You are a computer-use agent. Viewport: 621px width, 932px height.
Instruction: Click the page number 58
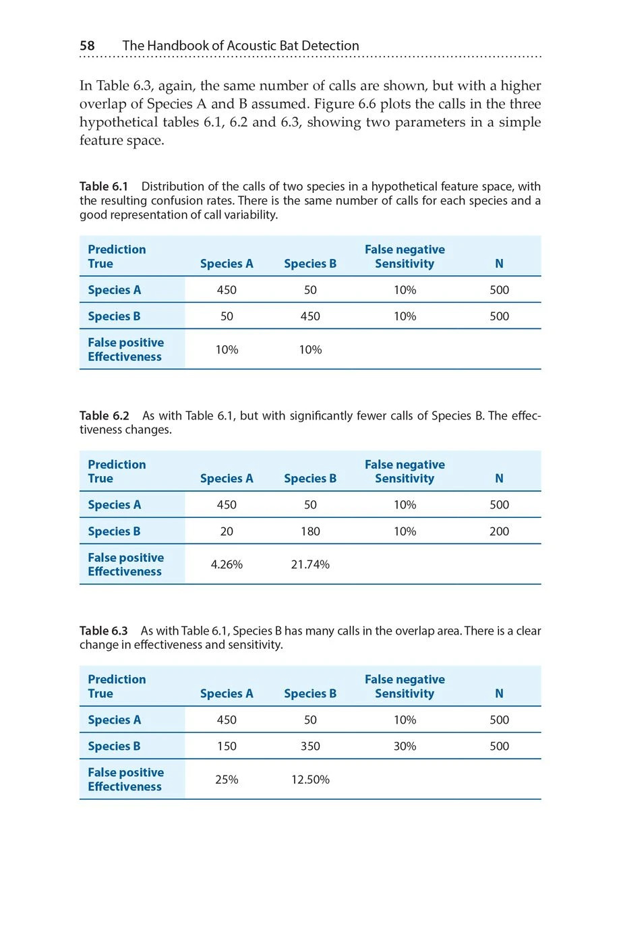[87, 46]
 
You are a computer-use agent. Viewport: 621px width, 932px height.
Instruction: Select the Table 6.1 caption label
[103, 187]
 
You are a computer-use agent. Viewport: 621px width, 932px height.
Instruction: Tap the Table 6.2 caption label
[104, 416]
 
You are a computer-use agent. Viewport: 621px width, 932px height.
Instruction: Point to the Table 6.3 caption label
[103, 631]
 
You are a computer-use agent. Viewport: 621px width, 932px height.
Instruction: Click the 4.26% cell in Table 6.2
[227, 564]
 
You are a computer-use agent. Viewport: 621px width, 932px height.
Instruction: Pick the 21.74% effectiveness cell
[310, 564]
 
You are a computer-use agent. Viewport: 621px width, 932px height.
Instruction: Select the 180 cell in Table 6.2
[310, 531]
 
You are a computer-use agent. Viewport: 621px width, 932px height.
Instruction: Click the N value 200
[499, 531]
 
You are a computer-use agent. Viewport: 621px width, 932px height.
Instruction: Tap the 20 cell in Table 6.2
[227, 531]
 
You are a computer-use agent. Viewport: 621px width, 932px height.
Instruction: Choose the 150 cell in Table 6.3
[227, 747]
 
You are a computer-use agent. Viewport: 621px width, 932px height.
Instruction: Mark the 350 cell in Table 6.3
[310, 747]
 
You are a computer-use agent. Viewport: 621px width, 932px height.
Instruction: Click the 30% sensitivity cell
[405, 747]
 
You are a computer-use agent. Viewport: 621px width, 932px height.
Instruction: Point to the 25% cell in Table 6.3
[227, 780]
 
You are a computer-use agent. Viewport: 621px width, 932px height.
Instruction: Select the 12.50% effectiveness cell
[310, 780]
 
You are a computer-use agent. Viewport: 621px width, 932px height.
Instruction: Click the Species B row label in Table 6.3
[114, 747]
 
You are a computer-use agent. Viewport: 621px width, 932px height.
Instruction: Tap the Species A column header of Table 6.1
[227, 264]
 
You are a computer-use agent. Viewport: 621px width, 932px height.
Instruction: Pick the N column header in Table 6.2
[499, 479]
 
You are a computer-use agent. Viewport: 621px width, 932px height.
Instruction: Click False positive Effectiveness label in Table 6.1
[125, 349]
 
